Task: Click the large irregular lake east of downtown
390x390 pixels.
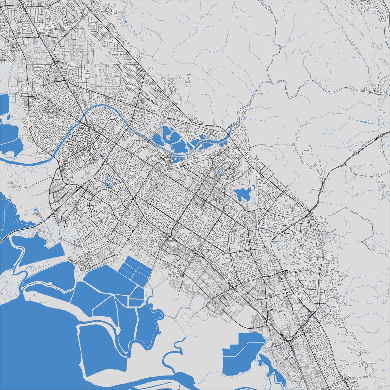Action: point(242,194)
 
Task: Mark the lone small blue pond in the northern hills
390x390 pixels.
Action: point(125,22)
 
